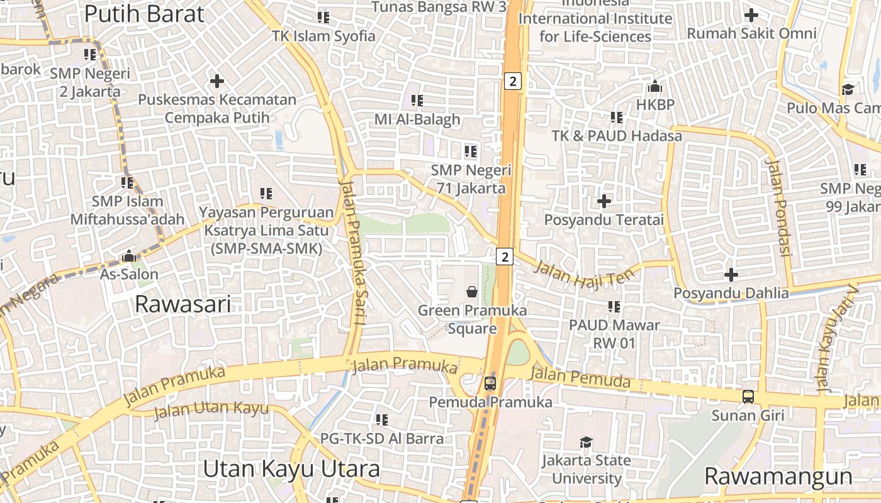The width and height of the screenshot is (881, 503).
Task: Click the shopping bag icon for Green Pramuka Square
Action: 472,292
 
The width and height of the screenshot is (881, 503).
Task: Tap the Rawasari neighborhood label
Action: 183,304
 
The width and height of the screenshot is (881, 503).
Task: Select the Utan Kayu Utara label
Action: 292,469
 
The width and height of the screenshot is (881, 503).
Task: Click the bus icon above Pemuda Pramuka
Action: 490,383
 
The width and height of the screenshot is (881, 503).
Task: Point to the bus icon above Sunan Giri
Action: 748,397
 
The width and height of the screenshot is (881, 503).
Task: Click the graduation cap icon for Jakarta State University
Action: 586,442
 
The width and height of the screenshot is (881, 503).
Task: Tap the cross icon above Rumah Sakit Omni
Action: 751,15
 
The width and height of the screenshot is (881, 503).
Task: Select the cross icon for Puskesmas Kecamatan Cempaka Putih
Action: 217,81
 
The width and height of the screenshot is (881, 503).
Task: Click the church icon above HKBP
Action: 655,86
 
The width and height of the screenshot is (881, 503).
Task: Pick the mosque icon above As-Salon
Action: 129,256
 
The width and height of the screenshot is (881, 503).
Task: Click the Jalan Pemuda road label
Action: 580,377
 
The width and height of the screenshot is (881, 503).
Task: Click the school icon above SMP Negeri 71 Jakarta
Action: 470,151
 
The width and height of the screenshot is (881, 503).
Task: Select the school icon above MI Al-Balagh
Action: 417,100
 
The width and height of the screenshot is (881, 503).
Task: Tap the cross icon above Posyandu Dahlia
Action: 731,275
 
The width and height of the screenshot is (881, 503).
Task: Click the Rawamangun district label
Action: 778,476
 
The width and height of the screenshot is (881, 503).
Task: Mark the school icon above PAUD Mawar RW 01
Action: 614,307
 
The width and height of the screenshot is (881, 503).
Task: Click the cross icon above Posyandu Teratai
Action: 604,201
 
